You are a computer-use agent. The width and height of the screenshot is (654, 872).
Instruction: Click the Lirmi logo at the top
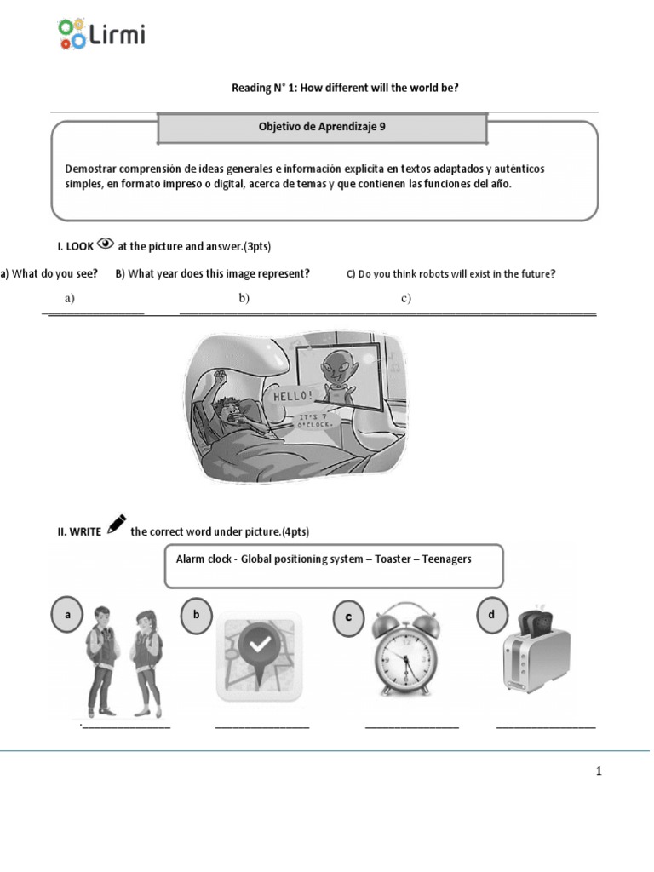(x=101, y=34)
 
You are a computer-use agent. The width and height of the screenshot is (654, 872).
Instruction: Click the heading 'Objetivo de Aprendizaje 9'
(x=322, y=126)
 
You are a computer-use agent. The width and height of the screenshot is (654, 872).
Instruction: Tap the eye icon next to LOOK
(x=106, y=244)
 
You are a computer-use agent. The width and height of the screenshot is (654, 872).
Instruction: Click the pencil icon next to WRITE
(x=117, y=524)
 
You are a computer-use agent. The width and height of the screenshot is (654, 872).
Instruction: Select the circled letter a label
(x=67, y=613)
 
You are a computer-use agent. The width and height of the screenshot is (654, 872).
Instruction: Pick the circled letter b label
(x=196, y=613)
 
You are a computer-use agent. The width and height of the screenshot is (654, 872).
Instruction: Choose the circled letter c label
(x=347, y=617)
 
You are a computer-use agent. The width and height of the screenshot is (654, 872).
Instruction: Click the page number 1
(x=599, y=772)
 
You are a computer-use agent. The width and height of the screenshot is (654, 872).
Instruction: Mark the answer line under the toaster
(x=545, y=726)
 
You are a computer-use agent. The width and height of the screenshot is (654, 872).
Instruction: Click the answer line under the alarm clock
(x=412, y=726)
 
